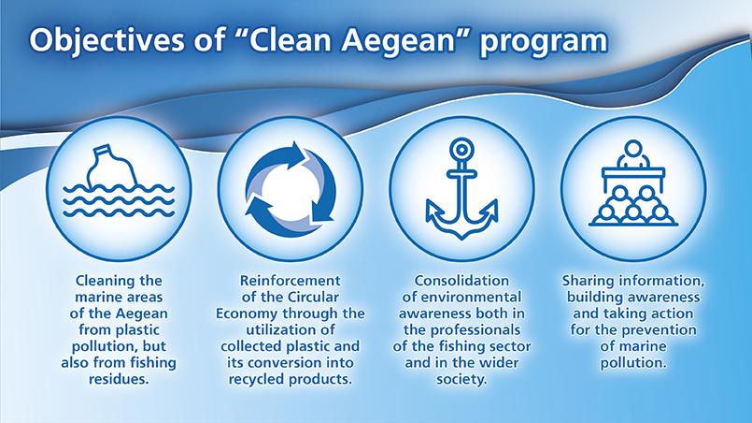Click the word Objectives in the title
pyautogui.click(x=106, y=40)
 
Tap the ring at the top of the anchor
pyautogui.click(x=461, y=150)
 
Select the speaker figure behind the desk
pyautogui.click(x=633, y=153)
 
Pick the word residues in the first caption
pyautogui.click(x=119, y=379)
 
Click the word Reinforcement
pyautogui.click(x=291, y=280)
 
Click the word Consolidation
pyautogui.click(x=461, y=280)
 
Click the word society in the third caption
pyautogui.click(x=461, y=379)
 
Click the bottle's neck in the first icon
pyautogui.click(x=101, y=153)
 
